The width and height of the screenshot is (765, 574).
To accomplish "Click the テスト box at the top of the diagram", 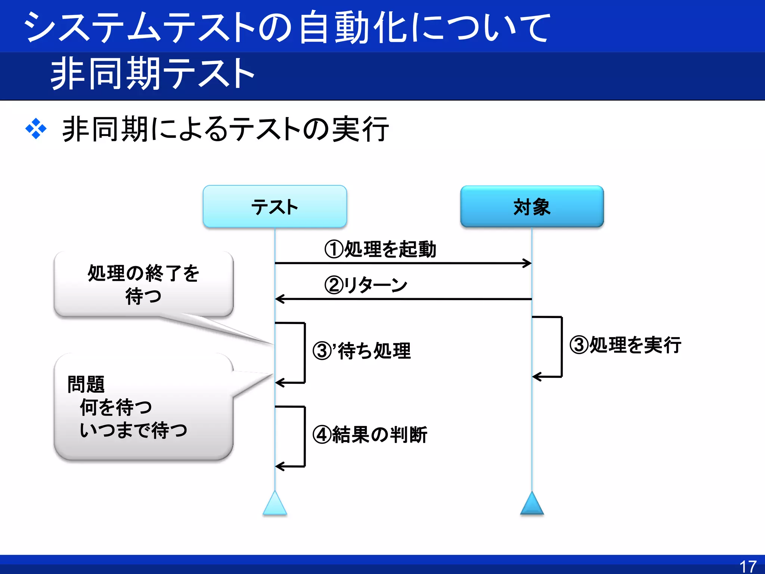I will tap(275, 207).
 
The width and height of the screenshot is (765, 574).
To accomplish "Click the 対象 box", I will tap(532, 207).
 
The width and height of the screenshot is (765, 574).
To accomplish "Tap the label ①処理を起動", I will tap(380, 249).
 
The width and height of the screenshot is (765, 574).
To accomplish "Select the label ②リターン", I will tap(365, 285).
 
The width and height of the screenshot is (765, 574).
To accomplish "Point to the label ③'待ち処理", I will tap(362, 351).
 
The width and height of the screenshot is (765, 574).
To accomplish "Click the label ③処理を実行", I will tap(625, 345).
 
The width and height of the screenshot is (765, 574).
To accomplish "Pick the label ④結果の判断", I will tap(370, 435).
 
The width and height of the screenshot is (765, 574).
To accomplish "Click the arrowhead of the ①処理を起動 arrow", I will tap(528, 263).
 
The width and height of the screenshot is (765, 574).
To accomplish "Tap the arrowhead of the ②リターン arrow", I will tap(279, 299).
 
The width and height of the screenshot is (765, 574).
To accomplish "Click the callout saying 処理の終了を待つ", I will tap(143, 284).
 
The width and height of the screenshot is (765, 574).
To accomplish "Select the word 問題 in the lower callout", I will tap(86, 385).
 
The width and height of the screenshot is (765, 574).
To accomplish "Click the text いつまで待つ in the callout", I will tap(133, 430).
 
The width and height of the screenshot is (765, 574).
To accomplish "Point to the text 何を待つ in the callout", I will tap(116, 407).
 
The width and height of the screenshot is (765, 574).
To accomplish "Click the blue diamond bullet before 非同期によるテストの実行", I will tap(36, 129).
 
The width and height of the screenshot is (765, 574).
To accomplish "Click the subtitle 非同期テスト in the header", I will tap(152, 74).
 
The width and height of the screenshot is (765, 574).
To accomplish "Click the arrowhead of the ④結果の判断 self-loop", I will tap(279, 466).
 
